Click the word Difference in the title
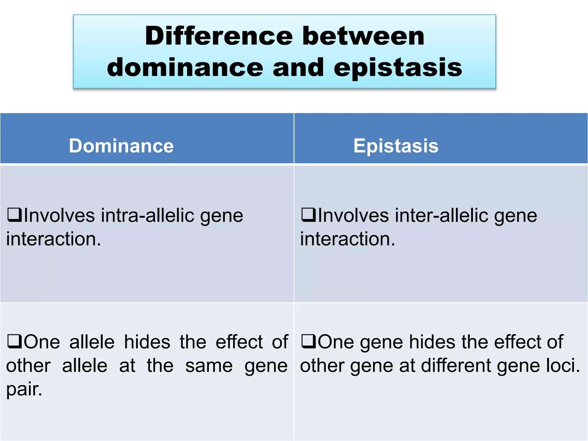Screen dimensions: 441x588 tap(219, 36)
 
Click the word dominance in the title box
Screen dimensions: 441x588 tap(185, 67)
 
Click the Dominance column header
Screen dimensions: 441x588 tap(121, 146)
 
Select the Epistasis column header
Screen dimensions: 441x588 tap(396, 146)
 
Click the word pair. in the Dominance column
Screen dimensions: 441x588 tap(24, 390)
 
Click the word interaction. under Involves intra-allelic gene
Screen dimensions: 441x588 tap(53, 239)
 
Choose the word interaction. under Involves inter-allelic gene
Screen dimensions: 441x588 tap(347, 239)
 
